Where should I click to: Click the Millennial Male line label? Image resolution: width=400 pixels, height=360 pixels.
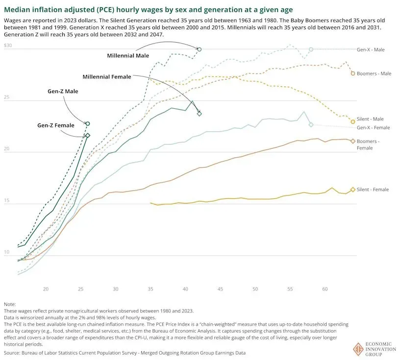coord(128,56)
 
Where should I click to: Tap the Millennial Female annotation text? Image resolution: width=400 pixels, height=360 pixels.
coord(107,77)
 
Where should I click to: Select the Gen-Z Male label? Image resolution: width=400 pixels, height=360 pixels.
coord(63,91)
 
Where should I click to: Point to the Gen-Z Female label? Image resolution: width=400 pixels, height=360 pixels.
coord(56,125)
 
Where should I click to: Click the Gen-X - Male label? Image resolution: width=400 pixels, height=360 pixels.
coord(371,49)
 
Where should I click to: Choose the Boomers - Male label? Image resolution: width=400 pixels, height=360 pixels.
coord(374,73)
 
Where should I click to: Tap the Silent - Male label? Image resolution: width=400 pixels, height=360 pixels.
coord(370,119)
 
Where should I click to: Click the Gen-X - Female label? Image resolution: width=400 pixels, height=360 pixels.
coord(373,127)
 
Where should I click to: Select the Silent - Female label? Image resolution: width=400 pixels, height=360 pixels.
coord(373,190)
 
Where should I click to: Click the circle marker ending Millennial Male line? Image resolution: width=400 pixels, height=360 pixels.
coord(200,49)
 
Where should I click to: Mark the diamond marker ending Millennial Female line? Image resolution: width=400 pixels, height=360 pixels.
coord(200,114)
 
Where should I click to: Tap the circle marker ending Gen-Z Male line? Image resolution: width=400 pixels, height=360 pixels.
coord(88,124)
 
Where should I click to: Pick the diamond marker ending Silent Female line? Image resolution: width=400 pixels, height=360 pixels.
coord(352,190)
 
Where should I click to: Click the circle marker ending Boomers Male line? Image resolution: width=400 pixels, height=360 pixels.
coord(353,73)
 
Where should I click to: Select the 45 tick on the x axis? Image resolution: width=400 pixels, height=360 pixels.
coord(221,290)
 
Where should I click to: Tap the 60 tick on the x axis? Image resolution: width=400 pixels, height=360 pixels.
coord(325,290)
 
